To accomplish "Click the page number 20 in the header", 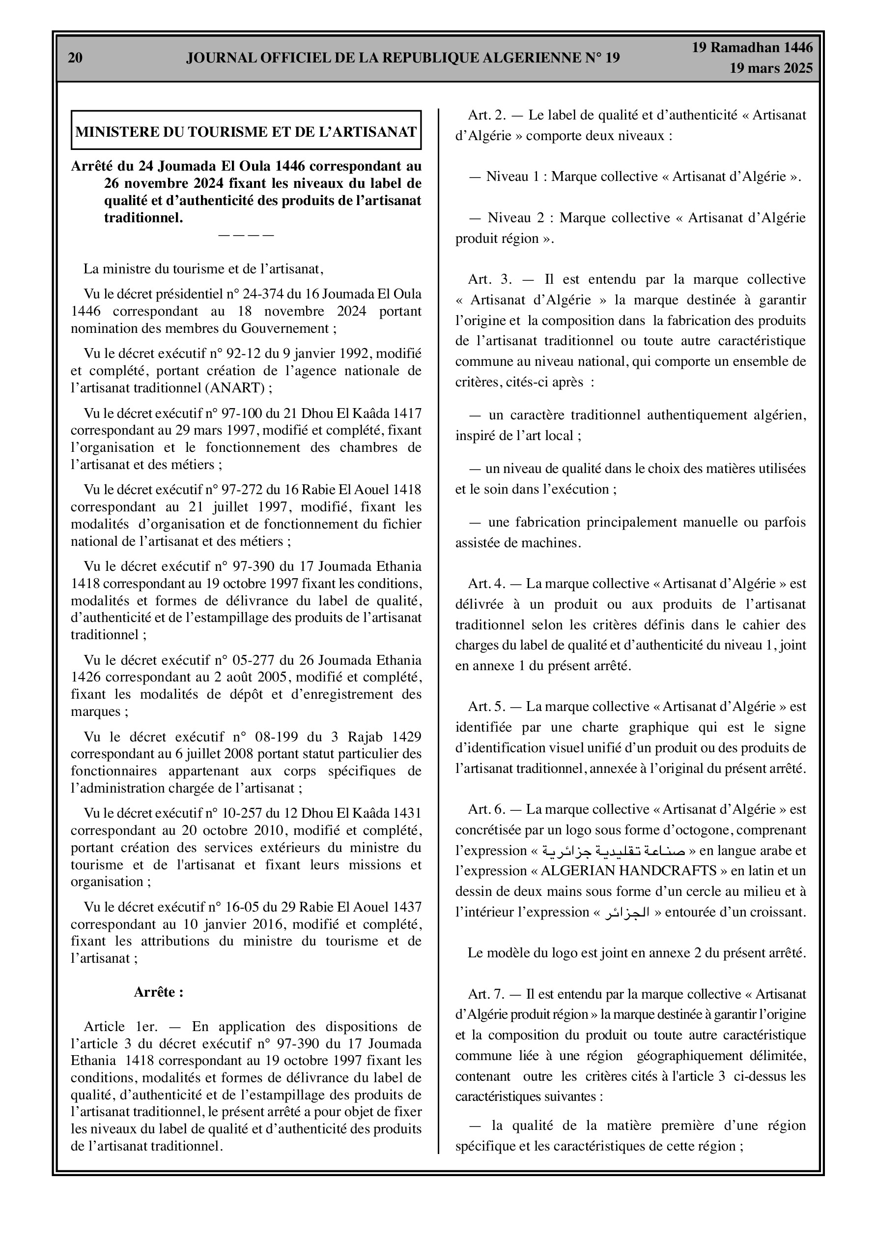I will (76, 59).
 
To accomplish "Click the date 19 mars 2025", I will (770, 68).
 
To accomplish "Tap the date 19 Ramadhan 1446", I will (752, 48).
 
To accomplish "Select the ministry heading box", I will (246, 130).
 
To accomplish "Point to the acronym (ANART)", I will (236, 388).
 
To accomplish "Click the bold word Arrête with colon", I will (158, 992).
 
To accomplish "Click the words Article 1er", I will (112, 1027).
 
